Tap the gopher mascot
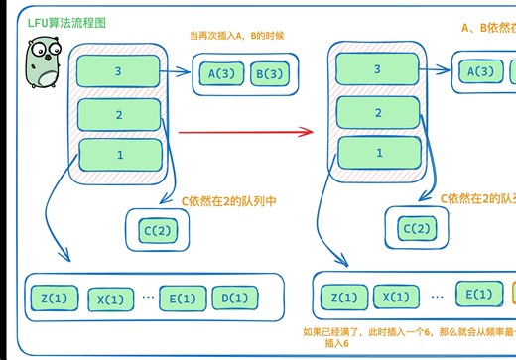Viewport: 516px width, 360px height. pos(41,65)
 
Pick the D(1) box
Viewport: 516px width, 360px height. pos(234,299)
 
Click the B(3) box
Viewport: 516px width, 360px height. pos(269,72)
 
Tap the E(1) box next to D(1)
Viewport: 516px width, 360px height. pos(181,299)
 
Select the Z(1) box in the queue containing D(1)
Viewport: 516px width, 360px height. pos(55,299)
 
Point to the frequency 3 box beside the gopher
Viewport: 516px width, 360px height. pos(118,70)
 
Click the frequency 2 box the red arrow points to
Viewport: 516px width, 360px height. pos(377,112)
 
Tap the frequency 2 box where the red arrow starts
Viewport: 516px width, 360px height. pos(118,115)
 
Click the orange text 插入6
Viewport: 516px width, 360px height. pos(337,344)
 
